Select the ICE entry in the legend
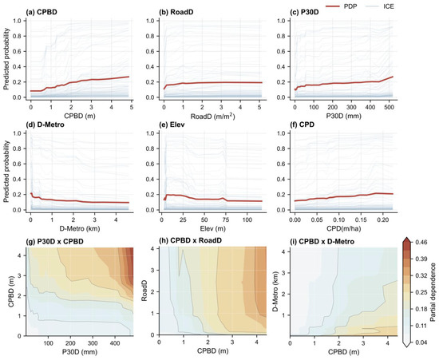(x=380, y=6)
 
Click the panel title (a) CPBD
(x=42, y=12)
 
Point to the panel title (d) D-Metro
(x=45, y=125)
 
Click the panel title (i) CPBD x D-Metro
(x=322, y=241)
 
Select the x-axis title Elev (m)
(x=213, y=228)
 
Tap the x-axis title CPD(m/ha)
(x=344, y=228)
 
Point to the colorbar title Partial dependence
(x=433, y=288)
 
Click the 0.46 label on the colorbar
(x=421, y=242)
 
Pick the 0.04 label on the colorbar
(x=421, y=342)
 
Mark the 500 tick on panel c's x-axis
(x=390, y=107)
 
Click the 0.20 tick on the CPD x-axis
(x=382, y=220)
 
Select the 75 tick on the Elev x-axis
(x=226, y=220)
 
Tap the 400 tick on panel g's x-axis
(x=115, y=343)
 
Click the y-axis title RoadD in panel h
(x=144, y=291)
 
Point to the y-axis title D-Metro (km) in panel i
(x=275, y=291)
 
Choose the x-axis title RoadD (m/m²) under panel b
(x=213, y=116)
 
